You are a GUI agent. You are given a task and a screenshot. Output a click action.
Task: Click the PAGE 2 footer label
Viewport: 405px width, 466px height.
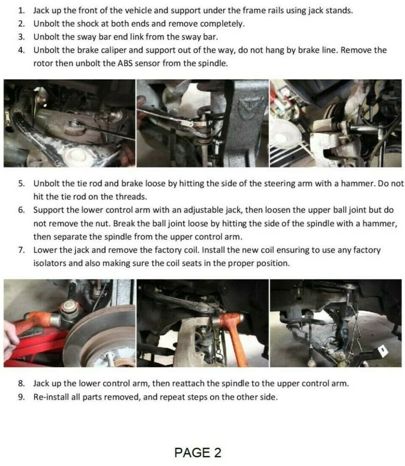click(198, 452)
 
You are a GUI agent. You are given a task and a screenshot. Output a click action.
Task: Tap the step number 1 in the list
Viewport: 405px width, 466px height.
click(21, 11)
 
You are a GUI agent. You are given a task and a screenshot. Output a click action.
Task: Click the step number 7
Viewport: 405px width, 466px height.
click(21, 250)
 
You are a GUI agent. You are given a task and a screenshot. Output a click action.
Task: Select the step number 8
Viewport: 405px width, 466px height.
click(21, 383)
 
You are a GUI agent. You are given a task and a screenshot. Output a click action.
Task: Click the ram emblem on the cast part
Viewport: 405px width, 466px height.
click(250, 109)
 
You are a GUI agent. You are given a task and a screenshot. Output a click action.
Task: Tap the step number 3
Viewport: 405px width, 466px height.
click(21, 37)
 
